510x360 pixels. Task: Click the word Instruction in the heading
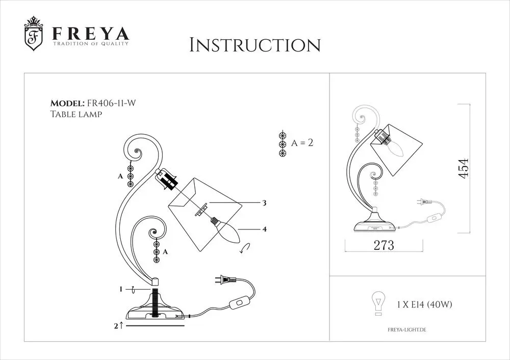coord(255,45)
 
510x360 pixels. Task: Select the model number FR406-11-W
coord(111,103)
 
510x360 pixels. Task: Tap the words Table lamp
coord(76,114)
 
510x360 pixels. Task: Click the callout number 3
coord(264,203)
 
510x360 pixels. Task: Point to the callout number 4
coord(264,229)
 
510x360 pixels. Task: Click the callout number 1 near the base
coord(121,289)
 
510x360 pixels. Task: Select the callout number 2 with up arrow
coord(119,325)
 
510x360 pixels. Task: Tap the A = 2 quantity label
coord(302,143)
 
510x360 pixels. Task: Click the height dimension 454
coord(464,168)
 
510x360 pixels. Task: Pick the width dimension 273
coord(384,245)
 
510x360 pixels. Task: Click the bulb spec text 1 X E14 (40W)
coord(424,305)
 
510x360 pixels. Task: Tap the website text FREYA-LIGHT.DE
coord(407,330)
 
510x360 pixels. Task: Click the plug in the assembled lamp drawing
coord(424,202)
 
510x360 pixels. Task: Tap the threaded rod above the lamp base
coord(155,301)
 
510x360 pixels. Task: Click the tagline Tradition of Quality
coord(91,43)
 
